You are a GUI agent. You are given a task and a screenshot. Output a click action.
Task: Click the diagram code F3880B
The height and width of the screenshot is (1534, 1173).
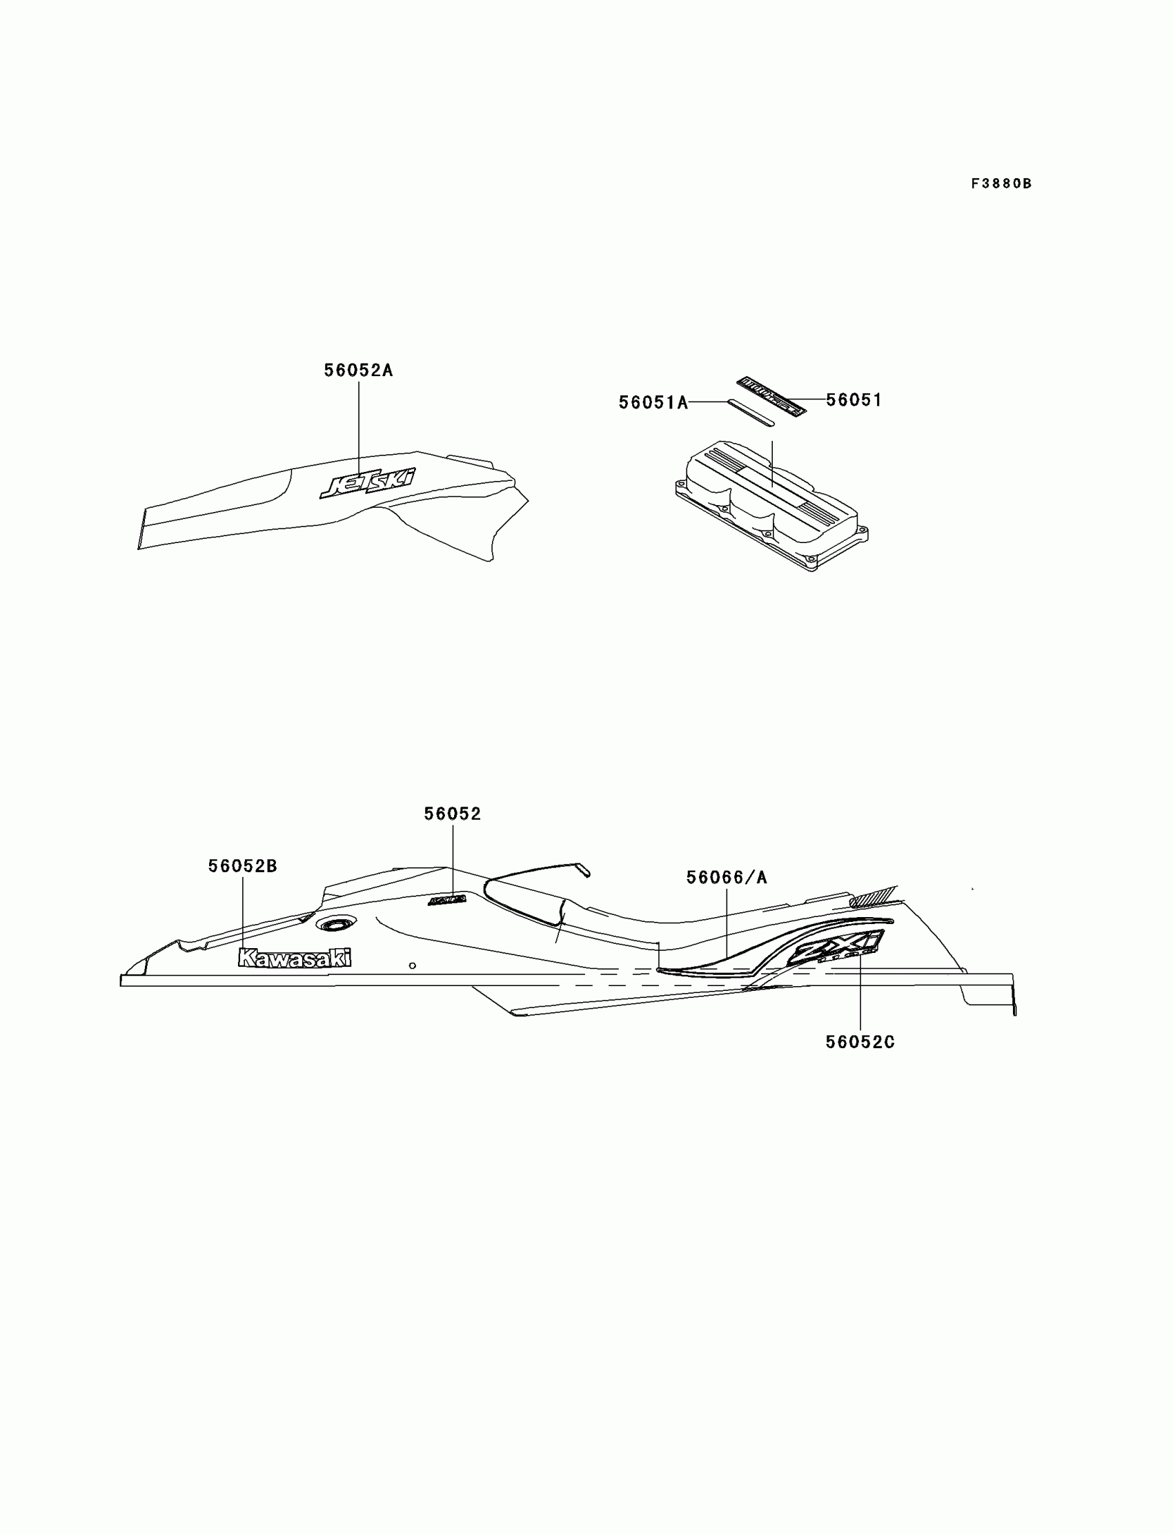(1000, 184)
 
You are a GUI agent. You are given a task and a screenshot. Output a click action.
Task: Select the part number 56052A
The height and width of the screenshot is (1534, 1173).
(358, 370)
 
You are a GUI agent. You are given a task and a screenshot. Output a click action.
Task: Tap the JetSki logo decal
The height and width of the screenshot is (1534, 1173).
(367, 482)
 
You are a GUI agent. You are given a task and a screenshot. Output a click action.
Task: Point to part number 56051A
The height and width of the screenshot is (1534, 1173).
(653, 403)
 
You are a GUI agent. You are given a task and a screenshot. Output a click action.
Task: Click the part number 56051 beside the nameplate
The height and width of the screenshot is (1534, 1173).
(854, 400)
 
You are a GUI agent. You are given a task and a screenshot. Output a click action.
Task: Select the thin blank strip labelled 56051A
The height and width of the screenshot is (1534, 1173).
(751, 412)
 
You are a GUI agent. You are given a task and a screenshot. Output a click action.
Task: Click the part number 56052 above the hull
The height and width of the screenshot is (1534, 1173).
(453, 814)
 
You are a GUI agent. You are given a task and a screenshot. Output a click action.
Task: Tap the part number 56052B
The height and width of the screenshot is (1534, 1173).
(242, 866)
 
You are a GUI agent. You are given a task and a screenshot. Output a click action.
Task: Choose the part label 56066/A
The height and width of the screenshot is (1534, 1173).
(726, 878)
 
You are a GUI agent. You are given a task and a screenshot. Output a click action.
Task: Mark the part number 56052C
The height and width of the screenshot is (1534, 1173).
(860, 1042)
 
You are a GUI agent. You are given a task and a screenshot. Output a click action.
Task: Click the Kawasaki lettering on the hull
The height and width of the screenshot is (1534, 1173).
(295, 958)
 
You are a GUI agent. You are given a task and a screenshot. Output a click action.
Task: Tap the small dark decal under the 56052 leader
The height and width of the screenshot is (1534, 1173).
(447, 900)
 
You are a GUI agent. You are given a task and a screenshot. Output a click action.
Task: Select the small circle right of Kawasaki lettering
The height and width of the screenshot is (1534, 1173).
(412, 965)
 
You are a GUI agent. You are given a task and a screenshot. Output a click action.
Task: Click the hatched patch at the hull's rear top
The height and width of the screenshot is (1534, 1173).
(873, 895)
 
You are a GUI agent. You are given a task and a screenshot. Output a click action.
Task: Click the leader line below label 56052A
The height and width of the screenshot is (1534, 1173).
(359, 426)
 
